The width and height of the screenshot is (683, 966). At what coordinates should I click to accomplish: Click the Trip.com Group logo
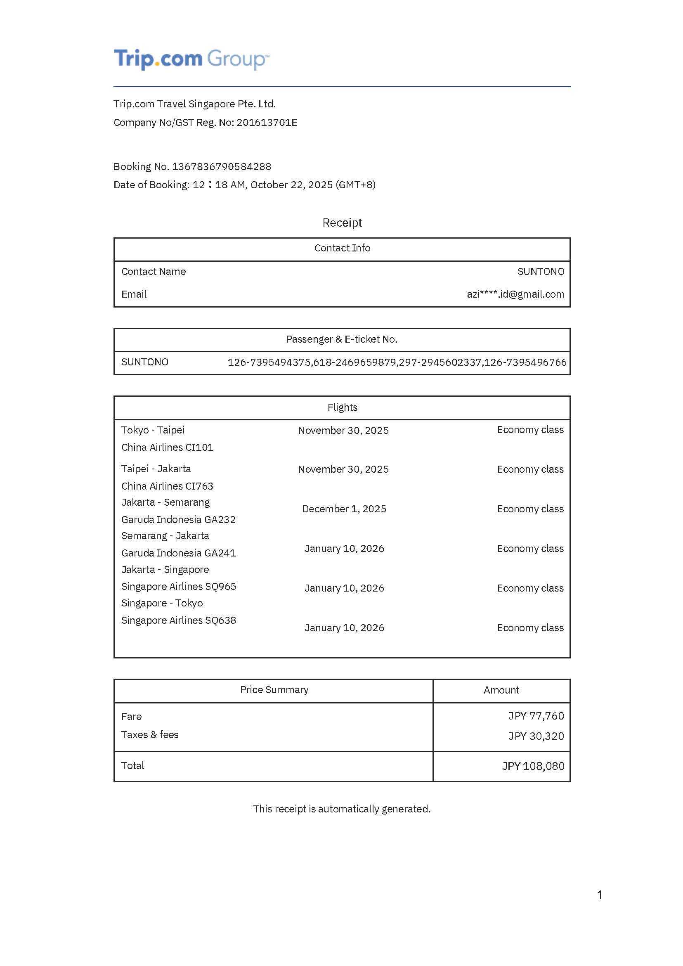click(x=191, y=59)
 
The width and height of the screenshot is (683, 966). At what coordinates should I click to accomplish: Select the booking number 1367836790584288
click(x=221, y=167)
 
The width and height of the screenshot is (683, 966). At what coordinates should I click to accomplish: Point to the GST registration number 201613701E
click(x=267, y=123)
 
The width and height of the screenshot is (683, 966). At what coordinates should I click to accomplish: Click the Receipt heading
click(x=342, y=223)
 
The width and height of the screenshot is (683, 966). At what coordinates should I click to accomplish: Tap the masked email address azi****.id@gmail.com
click(x=515, y=294)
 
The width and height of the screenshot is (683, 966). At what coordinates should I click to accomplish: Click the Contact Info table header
click(x=342, y=248)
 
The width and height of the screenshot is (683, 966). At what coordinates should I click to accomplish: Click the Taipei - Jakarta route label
click(x=156, y=469)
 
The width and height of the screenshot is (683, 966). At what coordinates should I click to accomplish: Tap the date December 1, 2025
click(x=344, y=509)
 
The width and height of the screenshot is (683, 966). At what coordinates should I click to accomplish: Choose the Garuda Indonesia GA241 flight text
click(x=178, y=553)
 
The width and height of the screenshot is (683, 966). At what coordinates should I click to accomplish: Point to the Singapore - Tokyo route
click(x=162, y=603)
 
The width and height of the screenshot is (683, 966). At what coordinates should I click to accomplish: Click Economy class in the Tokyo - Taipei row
click(x=530, y=430)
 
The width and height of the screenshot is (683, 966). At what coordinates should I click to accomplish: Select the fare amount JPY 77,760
click(x=536, y=716)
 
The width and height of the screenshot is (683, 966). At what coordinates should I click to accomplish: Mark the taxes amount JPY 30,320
click(x=536, y=736)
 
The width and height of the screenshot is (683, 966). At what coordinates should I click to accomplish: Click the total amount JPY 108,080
click(x=533, y=766)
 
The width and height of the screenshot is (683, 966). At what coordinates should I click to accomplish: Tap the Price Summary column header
click(x=274, y=689)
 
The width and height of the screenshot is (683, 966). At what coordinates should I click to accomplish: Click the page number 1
click(x=599, y=895)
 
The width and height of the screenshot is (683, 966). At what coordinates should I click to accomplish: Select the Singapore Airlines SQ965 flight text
click(x=178, y=586)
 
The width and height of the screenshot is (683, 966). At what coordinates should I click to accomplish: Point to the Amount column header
click(x=501, y=690)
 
